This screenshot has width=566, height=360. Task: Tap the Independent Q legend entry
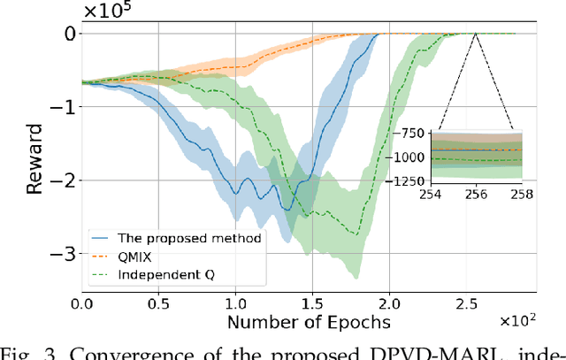coord(160,274)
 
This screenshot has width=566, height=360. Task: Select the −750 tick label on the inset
coord(411,134)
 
